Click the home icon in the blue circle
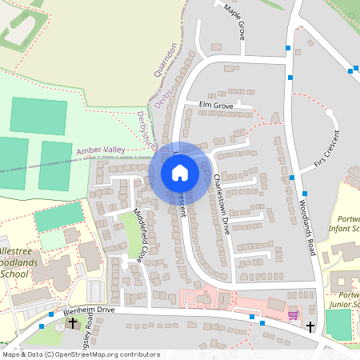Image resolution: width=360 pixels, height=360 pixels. pos(179,173)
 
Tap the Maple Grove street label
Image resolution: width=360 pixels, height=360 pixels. pos(234,21)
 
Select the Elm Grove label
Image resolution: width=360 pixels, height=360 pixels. pos(216,105)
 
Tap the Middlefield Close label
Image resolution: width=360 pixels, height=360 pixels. pos(133,230)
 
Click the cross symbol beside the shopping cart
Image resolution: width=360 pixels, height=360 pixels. pos(310,326)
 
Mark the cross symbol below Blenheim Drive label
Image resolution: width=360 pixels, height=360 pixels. pos(73,323)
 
